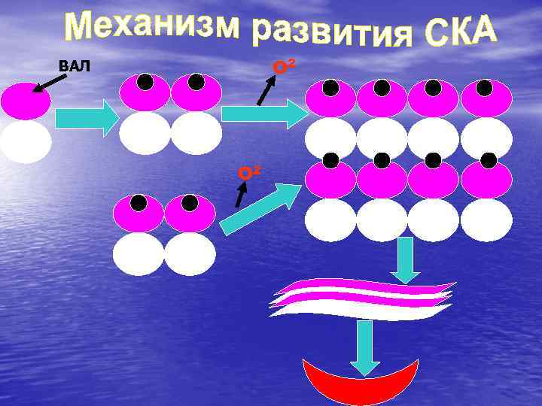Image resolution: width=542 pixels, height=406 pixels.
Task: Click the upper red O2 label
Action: [282, 66]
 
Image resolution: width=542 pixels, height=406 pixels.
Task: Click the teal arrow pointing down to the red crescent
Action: [365, 347]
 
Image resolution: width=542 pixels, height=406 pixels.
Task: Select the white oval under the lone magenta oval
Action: [26, 141]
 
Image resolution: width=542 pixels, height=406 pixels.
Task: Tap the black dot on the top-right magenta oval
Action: [489, 87]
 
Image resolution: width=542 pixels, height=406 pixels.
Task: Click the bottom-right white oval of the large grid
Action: [486, 220]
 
